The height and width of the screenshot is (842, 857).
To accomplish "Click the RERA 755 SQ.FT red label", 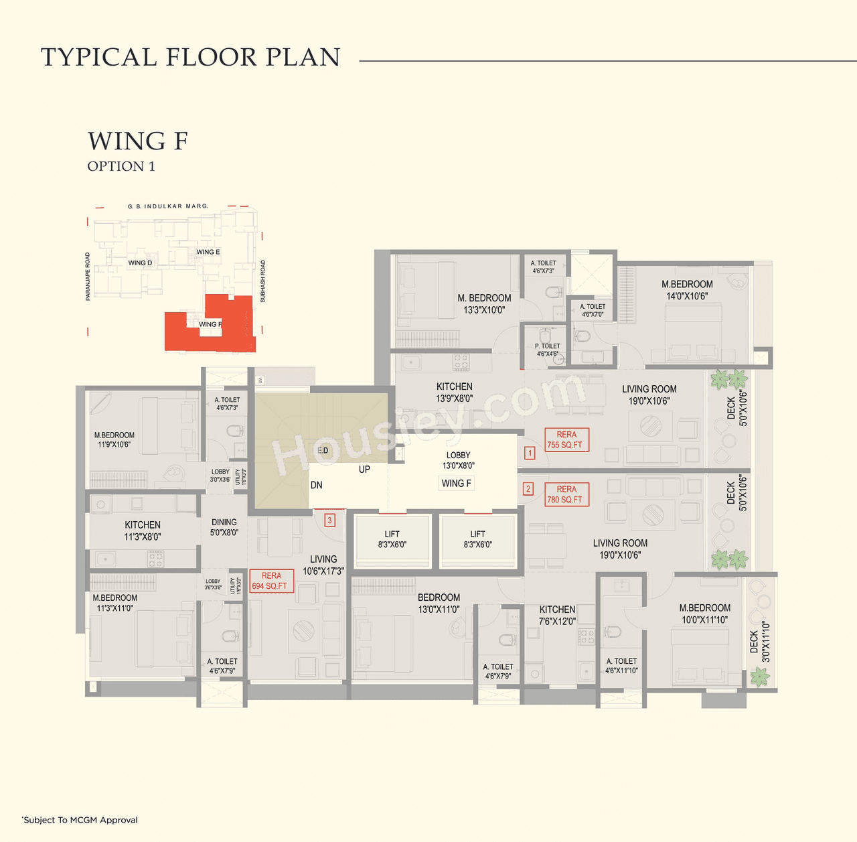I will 566,439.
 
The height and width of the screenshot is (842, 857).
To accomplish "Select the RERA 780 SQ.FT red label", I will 566,494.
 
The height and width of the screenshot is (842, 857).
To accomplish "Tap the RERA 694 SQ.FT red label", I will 271,581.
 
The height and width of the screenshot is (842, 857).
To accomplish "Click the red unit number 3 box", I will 329,520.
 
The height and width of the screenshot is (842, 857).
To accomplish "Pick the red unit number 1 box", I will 530,453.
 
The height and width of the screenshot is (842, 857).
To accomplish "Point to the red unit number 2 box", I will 528,489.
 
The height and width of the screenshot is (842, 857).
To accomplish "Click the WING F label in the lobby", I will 457,483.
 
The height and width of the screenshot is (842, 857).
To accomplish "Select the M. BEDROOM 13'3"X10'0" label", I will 484,303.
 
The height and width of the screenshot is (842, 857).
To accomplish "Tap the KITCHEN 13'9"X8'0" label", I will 454,392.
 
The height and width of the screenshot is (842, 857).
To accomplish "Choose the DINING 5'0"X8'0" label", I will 224,527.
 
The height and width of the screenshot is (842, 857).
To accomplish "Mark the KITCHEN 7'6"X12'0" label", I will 557,615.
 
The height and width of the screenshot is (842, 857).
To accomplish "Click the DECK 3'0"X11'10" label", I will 760,642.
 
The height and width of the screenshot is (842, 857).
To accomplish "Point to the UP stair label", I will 364,470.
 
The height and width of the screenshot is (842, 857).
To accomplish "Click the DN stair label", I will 317,485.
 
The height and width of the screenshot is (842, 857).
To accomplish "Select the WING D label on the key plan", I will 140,263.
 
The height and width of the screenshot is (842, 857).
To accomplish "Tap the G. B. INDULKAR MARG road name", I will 168,206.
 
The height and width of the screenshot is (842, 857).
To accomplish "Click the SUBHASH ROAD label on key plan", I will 262,281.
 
